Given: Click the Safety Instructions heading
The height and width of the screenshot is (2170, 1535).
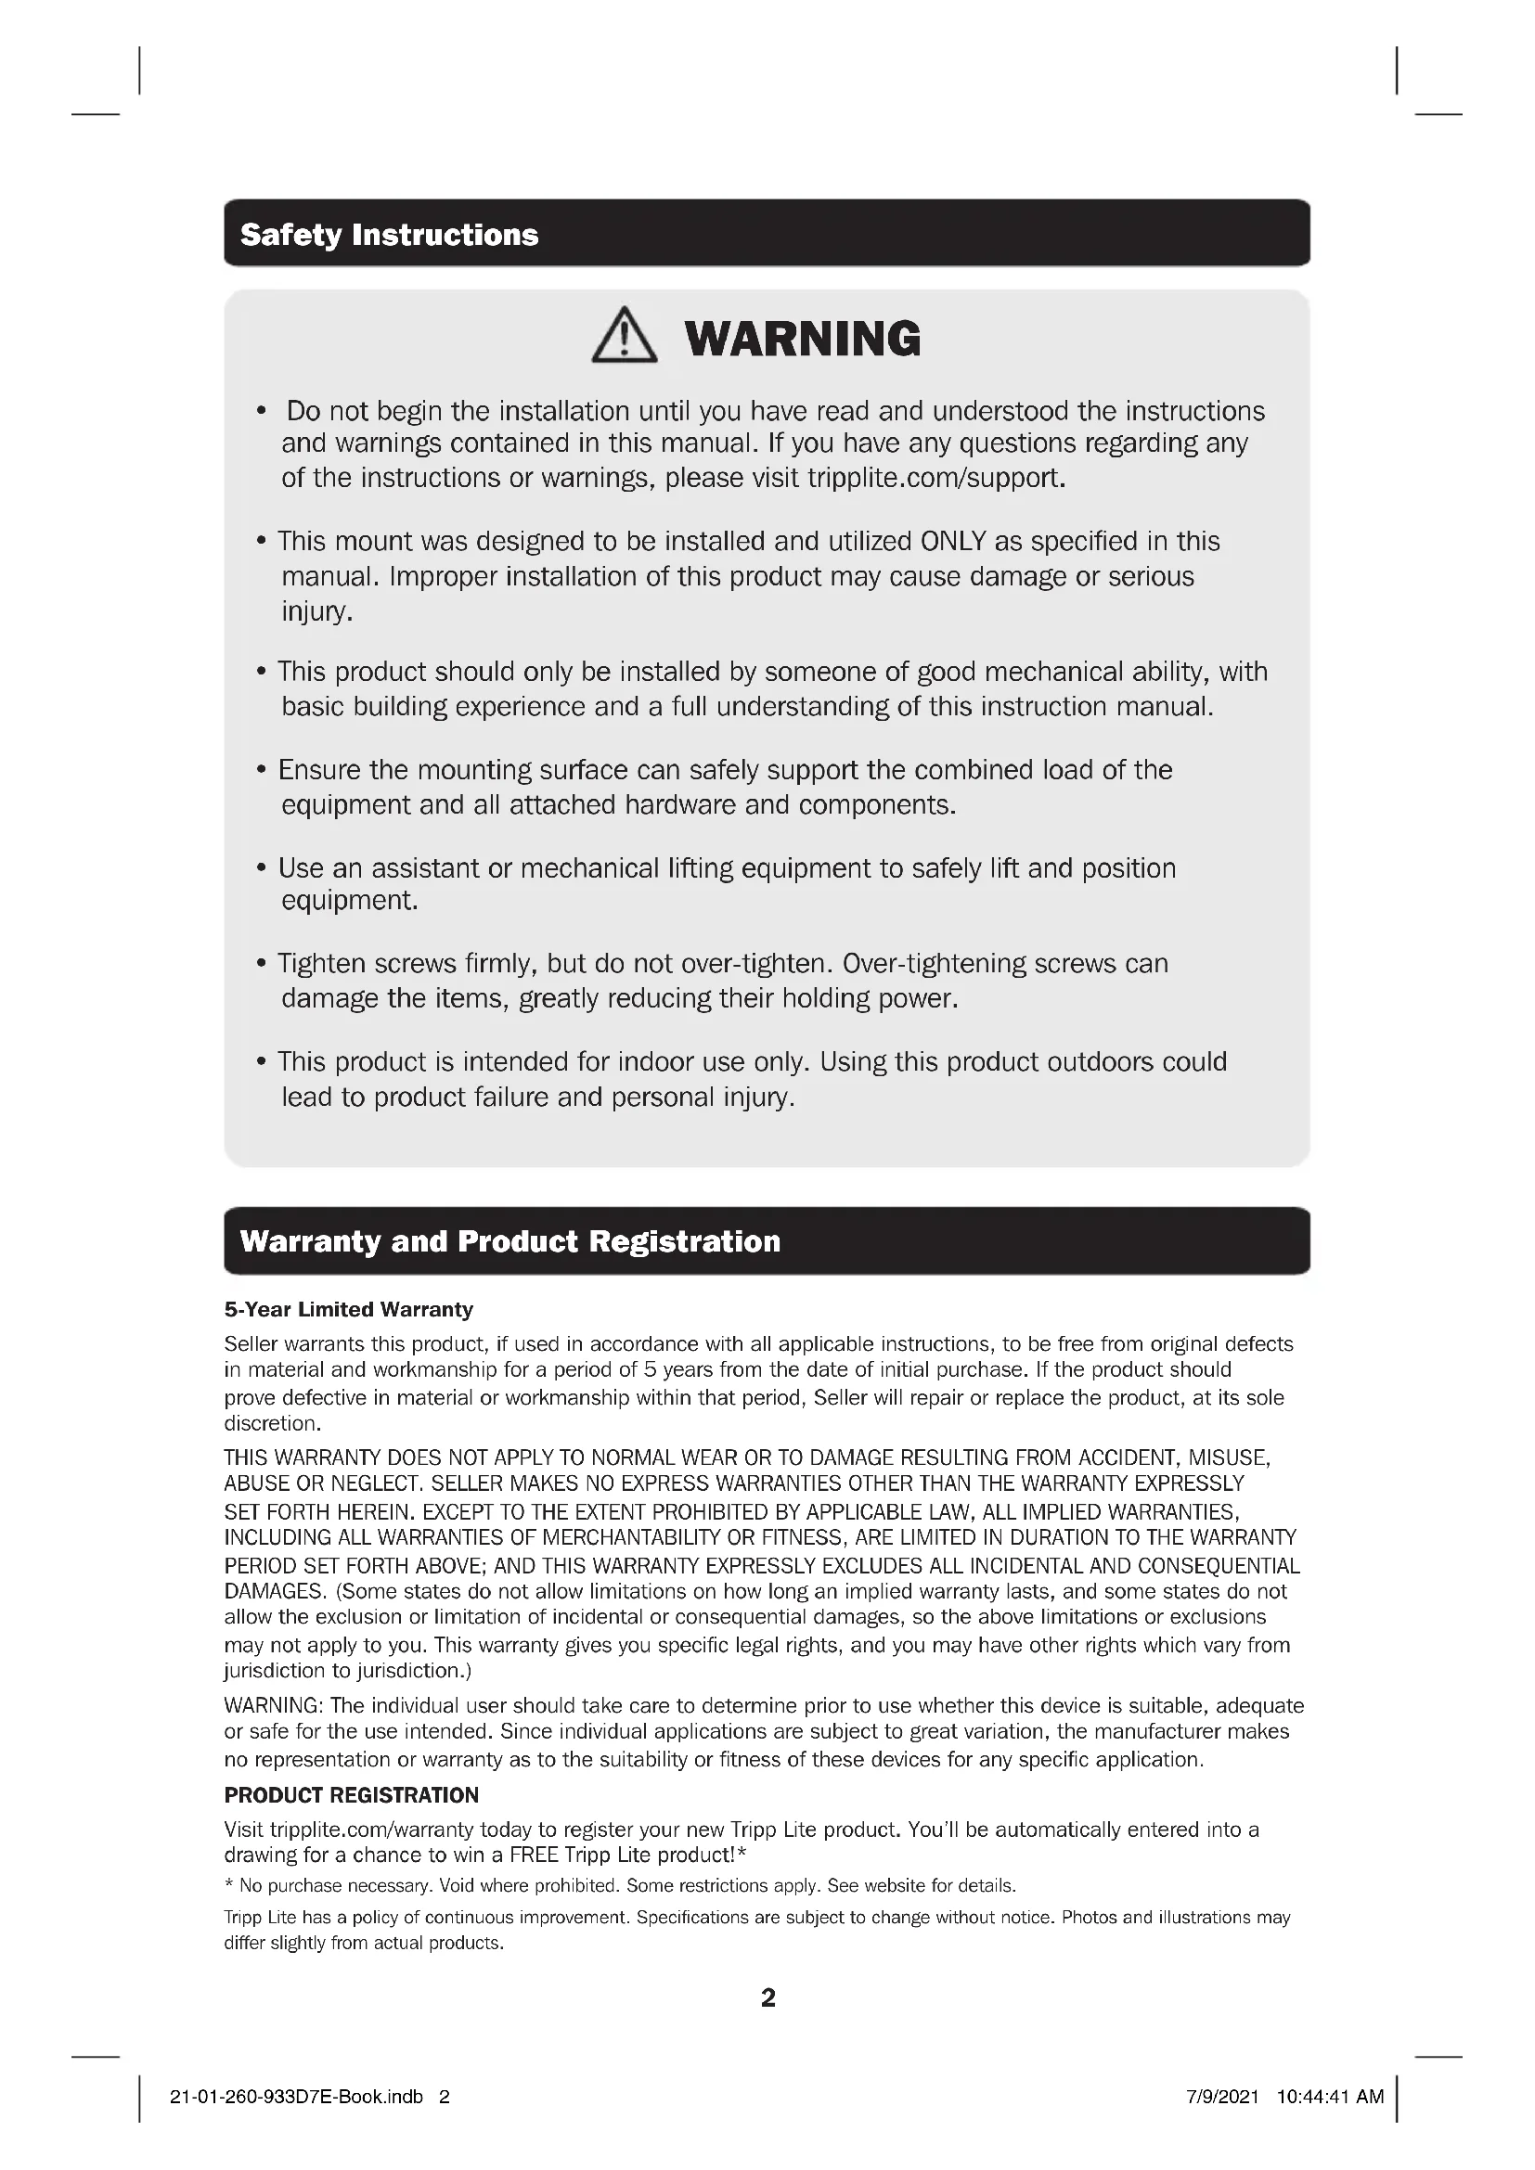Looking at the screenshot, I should coord(389,235).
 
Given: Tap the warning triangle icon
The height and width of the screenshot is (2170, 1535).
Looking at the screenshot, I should coord(624,337).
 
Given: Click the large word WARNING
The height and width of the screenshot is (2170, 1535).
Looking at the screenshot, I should coord(802,339).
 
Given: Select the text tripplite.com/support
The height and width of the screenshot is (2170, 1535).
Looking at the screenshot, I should coord(935,478).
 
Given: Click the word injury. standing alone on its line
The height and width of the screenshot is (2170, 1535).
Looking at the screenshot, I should coord(316,611).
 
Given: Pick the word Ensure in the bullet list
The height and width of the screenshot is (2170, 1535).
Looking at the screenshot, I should coord(319,770).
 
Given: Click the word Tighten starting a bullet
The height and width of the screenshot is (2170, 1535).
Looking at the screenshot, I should coord(321,964).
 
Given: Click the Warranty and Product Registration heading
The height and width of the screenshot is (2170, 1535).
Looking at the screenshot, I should coord(510,1241).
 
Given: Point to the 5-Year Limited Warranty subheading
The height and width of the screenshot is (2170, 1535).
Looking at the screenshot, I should coord(348,1310).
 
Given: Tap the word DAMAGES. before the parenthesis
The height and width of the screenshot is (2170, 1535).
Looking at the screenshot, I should coord(274,1592).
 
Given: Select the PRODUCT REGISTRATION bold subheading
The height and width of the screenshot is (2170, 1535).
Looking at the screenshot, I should coord(351,1795).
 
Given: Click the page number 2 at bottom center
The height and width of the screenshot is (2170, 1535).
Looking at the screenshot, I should coord(767,1998).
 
